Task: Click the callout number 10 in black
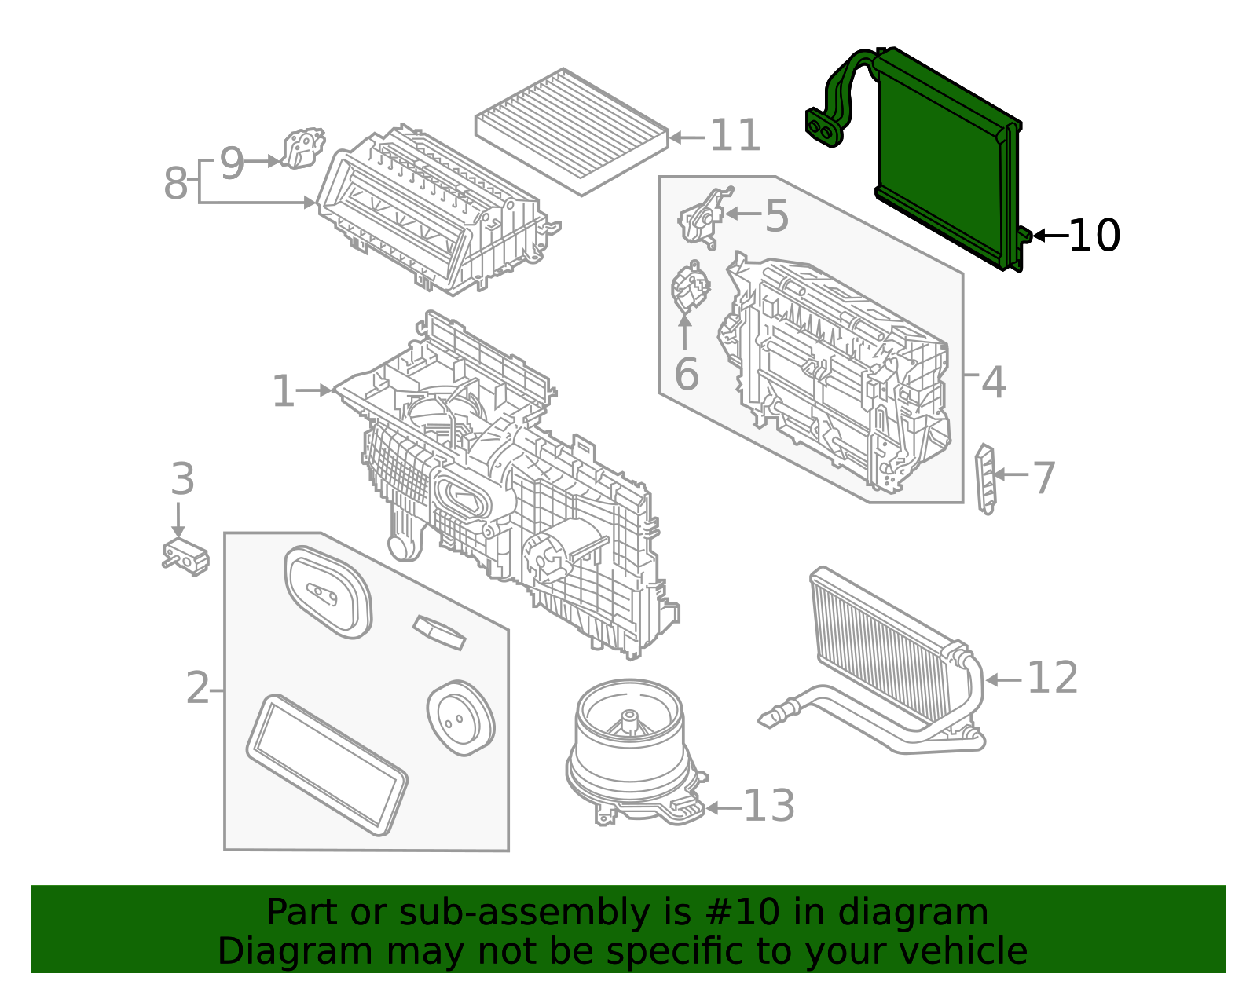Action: [x=1094, y=236]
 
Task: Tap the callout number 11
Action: [x=735, y=136]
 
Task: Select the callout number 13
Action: [x=768, y=806]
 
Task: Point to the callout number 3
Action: [x=182, y=479]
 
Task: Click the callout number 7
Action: [x=1044, y=478]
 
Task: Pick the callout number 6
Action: [x=686, y=375]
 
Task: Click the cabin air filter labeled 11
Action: [x=571, y=130]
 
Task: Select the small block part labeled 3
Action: [x=185, y=557]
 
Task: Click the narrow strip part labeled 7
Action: [x=985, y=479]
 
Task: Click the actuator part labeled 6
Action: [x=690, y=288]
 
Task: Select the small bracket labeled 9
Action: [x=302, y=148]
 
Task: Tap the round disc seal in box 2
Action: [x=460, y=718]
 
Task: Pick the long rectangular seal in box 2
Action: [x=327, y=763]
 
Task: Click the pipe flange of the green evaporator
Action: [x=823, y=128]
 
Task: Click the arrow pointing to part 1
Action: [x=314, y=390]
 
